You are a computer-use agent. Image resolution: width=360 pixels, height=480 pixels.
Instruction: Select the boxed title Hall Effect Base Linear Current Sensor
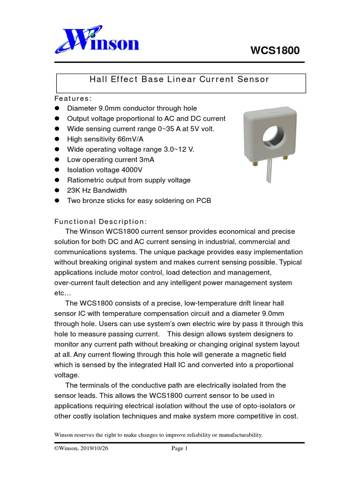point(180,79)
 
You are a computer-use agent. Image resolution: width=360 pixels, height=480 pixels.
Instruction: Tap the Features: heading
point(73,98)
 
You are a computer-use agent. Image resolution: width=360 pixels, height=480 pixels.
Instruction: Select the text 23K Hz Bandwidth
point(97,190)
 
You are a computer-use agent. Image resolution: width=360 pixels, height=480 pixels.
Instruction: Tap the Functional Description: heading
point(101,221)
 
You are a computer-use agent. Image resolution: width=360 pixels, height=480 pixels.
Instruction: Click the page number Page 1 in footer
point(180,449)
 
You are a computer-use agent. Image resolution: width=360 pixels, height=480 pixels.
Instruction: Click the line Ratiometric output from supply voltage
point(129,180)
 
